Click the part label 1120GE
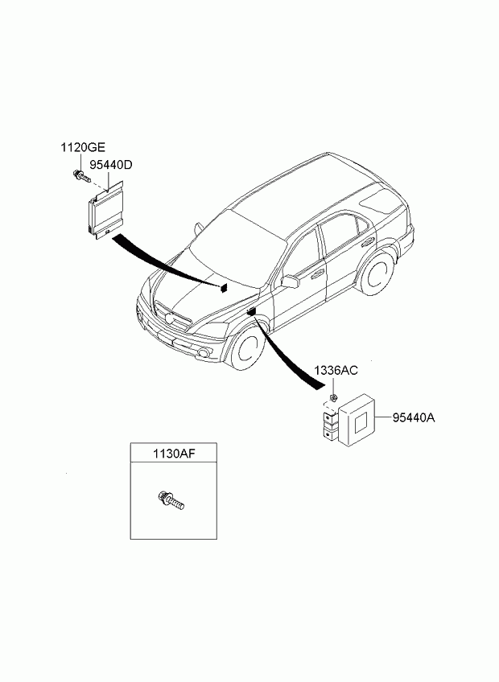82,148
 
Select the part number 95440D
110,166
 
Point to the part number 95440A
413,418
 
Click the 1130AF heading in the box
174,454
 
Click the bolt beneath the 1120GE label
81,175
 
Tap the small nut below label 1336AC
333,397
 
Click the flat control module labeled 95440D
106,209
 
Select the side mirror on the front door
290,281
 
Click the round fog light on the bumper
203,353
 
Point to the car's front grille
173,315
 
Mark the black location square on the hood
224,287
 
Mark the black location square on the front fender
251,311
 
